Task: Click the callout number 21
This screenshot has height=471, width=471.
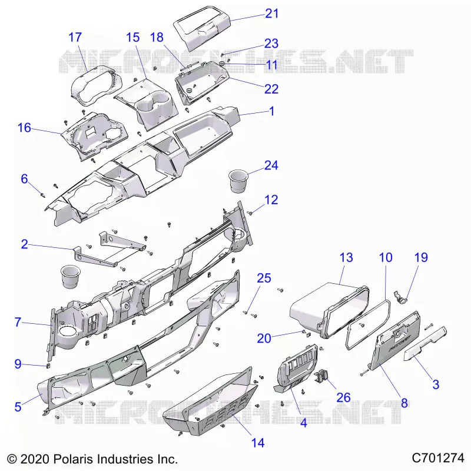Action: click(x=272, y=14)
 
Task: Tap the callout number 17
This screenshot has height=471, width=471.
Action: click(x=75, y=37)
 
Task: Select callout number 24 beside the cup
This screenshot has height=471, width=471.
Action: click(x=271, y=165)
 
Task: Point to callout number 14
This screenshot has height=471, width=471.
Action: click(x=258, y=443)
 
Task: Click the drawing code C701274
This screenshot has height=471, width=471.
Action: click(x=438, y=458)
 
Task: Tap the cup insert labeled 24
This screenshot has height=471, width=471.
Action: click(x=238, y=181)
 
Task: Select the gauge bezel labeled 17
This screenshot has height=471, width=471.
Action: click(x=95, y=85)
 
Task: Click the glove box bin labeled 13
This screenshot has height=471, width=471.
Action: click(x=329, y=310)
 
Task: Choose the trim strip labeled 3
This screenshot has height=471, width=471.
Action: click(x=424, y=344)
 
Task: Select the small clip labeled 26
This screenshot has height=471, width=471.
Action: click(x=321, y=376)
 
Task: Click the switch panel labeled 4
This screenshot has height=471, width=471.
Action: click(x=296, y=368)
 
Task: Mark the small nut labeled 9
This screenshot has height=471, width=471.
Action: click(x=48, y=366)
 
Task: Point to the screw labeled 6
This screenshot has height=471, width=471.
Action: click(x=43, y=195)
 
